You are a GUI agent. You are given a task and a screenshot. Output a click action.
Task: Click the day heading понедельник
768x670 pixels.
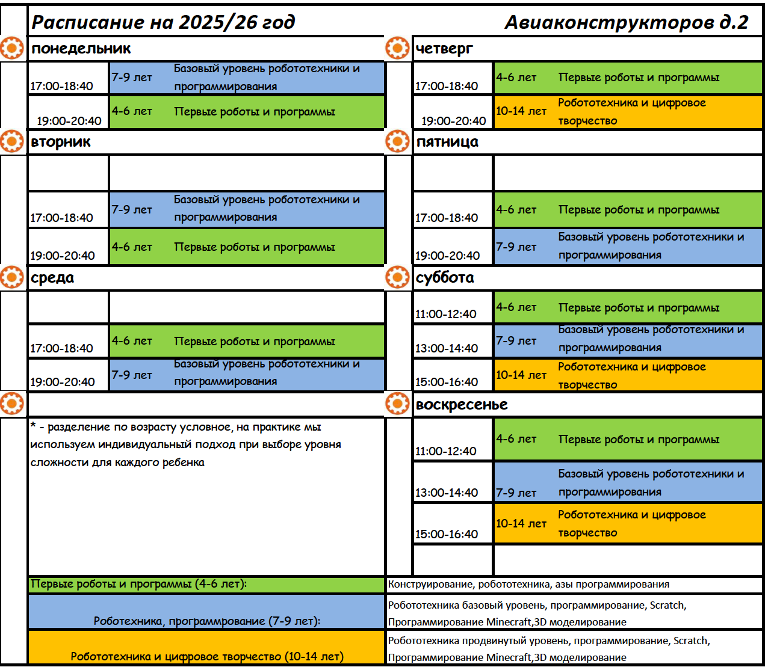[x=81, y=49]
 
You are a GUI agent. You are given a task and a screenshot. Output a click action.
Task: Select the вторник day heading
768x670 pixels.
[x=61, y=143]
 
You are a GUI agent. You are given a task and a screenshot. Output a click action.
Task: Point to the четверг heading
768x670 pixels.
[x=444, y=49]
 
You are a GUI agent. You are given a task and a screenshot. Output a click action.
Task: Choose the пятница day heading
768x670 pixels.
[x=447, y=143]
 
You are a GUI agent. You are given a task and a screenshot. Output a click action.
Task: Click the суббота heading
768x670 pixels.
[x=445, y=278]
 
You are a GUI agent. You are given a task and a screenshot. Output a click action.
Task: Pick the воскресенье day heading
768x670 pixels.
[x=462, y=405]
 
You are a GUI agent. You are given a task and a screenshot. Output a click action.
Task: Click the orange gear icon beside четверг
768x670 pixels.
[x=397, y=48]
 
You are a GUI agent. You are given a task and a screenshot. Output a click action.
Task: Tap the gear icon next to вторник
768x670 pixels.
[x=12, y=142]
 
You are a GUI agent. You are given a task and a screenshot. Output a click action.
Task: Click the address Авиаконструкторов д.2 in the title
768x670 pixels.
[x=626, y=23]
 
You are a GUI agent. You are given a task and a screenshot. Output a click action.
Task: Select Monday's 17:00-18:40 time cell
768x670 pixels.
[x=62, y=86]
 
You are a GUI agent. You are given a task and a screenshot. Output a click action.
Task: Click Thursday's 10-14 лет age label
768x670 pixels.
[x=521, y=111]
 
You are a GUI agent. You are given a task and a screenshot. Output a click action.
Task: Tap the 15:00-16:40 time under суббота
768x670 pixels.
[x=447, y=382]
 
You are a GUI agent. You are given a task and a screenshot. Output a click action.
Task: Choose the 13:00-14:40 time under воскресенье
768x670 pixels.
[x=447, y=493]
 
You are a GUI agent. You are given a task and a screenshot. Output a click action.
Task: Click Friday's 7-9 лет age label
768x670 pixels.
[x=516, y=247]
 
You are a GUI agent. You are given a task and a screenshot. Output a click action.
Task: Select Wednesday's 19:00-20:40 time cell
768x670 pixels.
[x=63, y=382]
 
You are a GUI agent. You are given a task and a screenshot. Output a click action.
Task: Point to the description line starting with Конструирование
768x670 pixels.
[x=528, y=585]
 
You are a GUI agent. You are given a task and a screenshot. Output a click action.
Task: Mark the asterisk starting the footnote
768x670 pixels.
[x=33, y=426]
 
